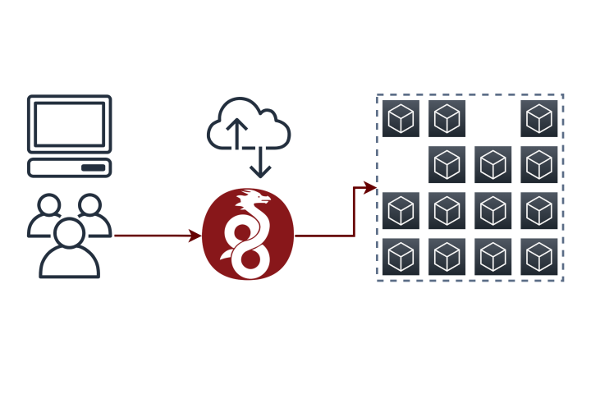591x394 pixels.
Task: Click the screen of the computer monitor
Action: (69, 124)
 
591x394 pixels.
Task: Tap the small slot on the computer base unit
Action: (93, 167)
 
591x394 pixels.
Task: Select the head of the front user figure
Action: (69, 231)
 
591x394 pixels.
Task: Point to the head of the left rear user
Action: (48, 204)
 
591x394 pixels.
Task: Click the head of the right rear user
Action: (89, 204)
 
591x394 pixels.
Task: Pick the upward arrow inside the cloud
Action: (237, 131)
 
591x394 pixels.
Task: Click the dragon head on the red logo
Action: (254, 199)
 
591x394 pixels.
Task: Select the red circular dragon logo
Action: (247, 234)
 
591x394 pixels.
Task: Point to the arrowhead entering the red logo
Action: (195, 236)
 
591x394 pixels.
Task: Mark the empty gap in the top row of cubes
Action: (492, 118)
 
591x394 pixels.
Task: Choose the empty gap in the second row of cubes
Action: (401, 164)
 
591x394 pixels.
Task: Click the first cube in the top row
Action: (401, 118)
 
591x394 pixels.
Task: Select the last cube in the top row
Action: (539, 118)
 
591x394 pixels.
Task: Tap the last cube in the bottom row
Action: (539, 257)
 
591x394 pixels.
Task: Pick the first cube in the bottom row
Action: (401, 257)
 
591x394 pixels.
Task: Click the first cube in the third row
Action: (401, 211)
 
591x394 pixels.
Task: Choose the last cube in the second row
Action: (539, 164)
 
